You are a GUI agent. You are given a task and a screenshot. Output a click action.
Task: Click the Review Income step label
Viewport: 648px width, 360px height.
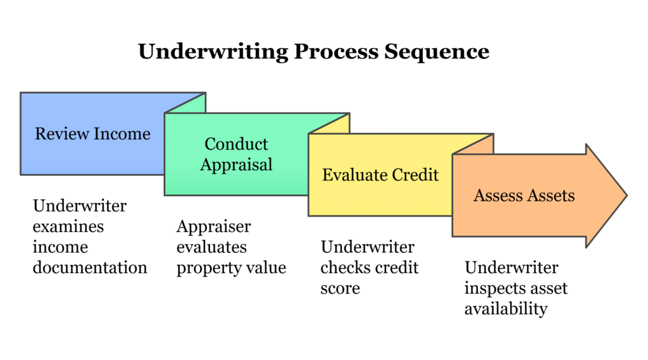coord(92,133)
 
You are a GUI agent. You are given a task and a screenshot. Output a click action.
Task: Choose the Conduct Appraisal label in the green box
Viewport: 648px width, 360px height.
coord(236,154)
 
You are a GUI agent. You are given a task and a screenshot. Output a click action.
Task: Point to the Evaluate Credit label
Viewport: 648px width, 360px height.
coord(380,175)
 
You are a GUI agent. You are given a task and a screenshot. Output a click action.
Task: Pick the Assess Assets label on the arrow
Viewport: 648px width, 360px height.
coord(524,195)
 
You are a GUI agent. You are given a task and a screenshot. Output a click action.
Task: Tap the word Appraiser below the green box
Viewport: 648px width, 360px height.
coord(213,227)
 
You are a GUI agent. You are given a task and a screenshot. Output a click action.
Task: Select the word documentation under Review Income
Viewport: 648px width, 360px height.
coord(90,267)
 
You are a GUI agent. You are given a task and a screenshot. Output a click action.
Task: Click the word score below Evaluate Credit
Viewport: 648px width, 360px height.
coord(340,288)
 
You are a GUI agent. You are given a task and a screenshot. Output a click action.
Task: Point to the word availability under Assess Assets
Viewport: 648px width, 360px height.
coord(506,309)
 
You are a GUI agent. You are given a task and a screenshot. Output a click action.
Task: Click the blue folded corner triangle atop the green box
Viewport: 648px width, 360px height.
coord(190,103)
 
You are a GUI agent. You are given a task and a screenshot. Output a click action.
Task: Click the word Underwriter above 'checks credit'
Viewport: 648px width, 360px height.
coord(367,247)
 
